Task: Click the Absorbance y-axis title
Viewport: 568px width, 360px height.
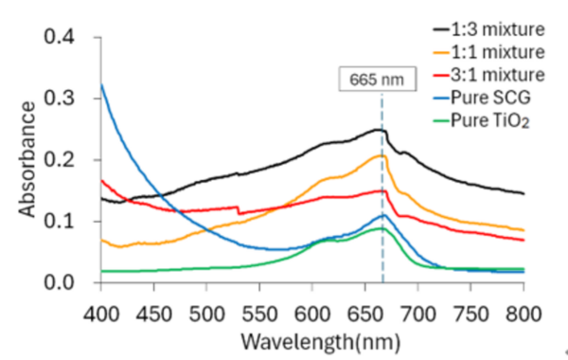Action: pos(25,161)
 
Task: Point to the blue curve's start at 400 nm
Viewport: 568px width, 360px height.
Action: pos(101,85)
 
